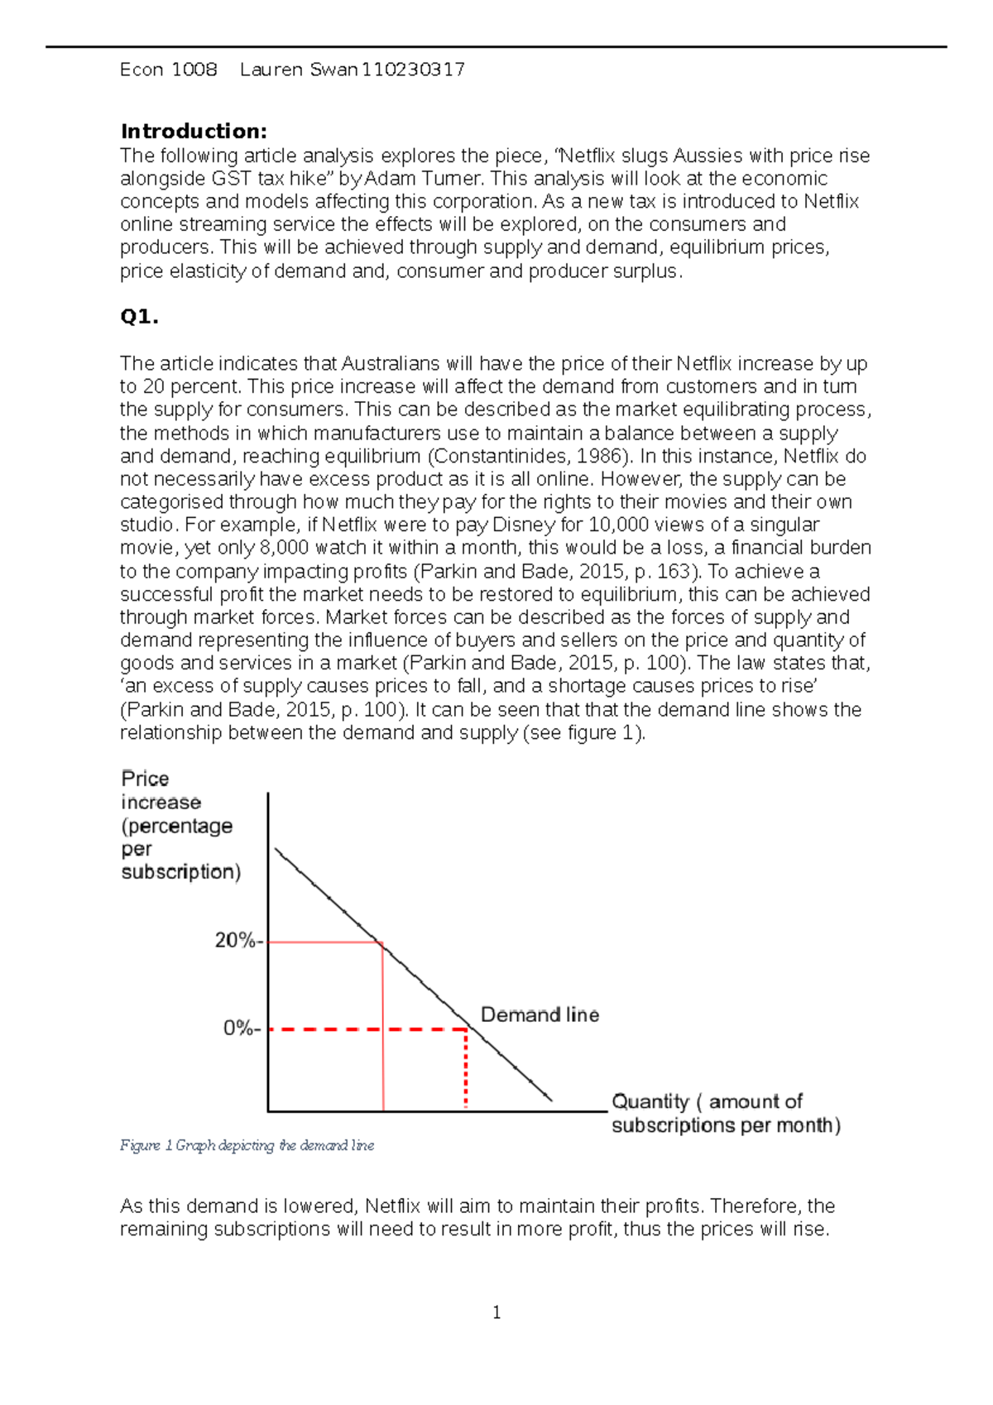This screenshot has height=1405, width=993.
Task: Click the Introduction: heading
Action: coord(194,132)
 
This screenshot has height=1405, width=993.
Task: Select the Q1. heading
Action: coord(139,317)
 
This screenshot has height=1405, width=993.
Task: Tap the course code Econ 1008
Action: coord(169,70)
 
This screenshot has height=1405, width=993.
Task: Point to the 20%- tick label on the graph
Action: coord(238,941)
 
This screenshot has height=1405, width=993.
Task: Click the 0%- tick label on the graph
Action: coord(242,1029)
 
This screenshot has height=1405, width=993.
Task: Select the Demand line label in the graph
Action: coord(540,1015)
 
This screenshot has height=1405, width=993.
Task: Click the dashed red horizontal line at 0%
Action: coord(364,1029)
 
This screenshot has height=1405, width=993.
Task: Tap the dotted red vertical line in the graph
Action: coord(466,1072)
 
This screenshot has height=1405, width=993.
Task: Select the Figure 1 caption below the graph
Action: coord(247,1146)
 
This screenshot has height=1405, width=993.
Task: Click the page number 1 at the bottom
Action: coord(496,1313)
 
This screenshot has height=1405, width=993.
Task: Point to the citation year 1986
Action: coord(598,456)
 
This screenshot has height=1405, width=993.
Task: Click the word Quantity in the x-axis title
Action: coord(650,1102)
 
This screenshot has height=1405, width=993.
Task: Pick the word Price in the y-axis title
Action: coord(145,779)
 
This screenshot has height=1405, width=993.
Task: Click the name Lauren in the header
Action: coord(271,70)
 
